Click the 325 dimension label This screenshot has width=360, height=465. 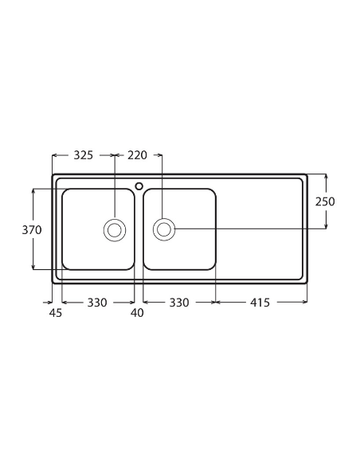pyautogui.click(x=84, y=155)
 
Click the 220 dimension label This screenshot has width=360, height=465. pyautogui.click(x=138, y=155)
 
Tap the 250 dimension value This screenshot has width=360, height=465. pyautogui.click(x=325, y=201)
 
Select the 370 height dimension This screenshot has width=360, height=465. pyautogui.click(x=33, y=229)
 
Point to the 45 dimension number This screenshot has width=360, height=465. pyautogui.click(x=56, y=313)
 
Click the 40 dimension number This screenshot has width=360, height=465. pyautogui.click(x=137, y=313)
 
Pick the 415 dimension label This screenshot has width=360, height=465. pyautogui.click(x=260, y=303)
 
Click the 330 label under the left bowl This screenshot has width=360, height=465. pyautogui.click(x=97, y=303)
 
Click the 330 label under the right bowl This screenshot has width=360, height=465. pyautogui.click(x=179, y=303)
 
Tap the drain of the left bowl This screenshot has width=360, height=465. pyautogui.click(x=115, y=230)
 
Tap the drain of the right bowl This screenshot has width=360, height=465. pyautogui.click(x=164, y=229)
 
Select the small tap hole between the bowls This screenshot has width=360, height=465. pyautogui.click(x=139, y=186)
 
